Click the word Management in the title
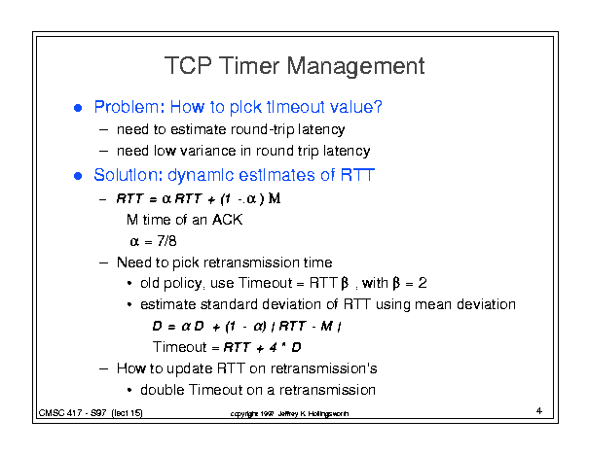pyautogui.click(x=355, y=67)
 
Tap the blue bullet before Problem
pyautogui.click(x=78, y=108)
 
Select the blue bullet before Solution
pyautogui.click(x=78, y=176)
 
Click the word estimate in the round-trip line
pyautogui.click(x=198, y=129)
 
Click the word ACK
pyautogui.click(x=227, y=220)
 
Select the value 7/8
pyautogui.click(x=166, y=241)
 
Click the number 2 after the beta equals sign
pyautogui.click(x=423, y=283)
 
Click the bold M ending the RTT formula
pyautogui.click(x=275, y=198)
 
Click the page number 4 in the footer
pyautogui.click(x=539, y=410)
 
